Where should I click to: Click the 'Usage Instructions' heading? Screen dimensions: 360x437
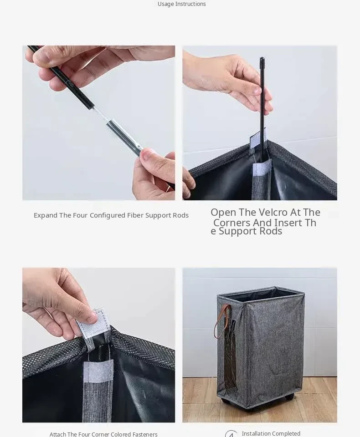182,4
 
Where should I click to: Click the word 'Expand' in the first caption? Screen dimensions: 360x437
46,215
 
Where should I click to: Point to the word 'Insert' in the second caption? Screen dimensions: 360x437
288,223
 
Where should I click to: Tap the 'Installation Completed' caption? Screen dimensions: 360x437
271,433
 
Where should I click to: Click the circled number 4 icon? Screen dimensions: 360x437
231,434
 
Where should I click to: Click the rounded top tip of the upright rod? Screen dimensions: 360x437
262,59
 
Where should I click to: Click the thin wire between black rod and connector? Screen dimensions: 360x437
100,114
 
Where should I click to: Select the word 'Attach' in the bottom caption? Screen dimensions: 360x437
58,434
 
